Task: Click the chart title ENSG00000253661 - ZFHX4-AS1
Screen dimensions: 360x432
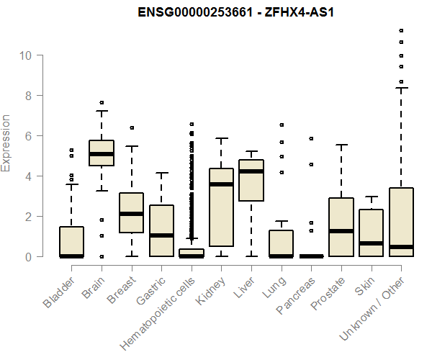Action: [x=229, y=12]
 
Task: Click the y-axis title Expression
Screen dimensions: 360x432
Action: [x=6, y=143]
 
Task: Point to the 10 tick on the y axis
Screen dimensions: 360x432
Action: [x=40, y=55]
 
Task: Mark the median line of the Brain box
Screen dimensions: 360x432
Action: [x=101, y=154]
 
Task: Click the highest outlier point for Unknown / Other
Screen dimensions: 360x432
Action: [x=400, y=30]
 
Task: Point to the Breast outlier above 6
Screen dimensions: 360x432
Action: [x=131, y=127]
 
